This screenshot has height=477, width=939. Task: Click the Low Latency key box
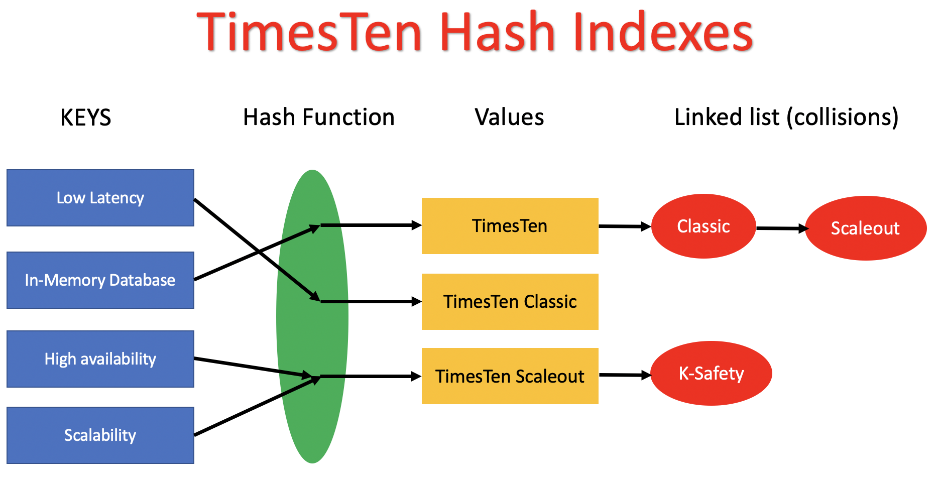click(x=100, y=198)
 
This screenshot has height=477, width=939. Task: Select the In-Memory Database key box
click(x=100, y=280)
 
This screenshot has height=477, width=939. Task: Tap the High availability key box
click(x=100, y=359)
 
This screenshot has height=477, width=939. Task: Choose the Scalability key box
click(x=100, y=435)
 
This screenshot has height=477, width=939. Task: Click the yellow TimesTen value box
click(x=510, y=226)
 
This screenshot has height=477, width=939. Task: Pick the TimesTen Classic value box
click(x=510, y=302)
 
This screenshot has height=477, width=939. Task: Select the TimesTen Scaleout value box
click(x=510, y=376)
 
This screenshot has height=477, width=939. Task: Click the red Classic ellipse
click(x=703, y=226)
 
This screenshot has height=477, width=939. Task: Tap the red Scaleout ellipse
click(x=865, y=228)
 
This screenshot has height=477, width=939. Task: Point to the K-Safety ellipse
click(x=711, y=374)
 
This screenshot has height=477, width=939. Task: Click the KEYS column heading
click(x=85, y=118)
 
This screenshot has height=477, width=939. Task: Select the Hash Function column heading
click(x=319, y=117)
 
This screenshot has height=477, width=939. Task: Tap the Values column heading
click(x=509, y=117)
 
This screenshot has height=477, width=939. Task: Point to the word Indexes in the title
click(x=662, y=33)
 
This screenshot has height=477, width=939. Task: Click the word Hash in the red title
click(x=497, y=33)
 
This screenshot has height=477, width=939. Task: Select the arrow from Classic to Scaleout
click(x=781, y=228)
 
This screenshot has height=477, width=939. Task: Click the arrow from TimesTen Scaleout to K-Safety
click(x=624, y=375)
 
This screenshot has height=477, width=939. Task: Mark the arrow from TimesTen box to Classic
click(x=624, y=226)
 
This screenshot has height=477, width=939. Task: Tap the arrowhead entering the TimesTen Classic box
click(x=416, y=302)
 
